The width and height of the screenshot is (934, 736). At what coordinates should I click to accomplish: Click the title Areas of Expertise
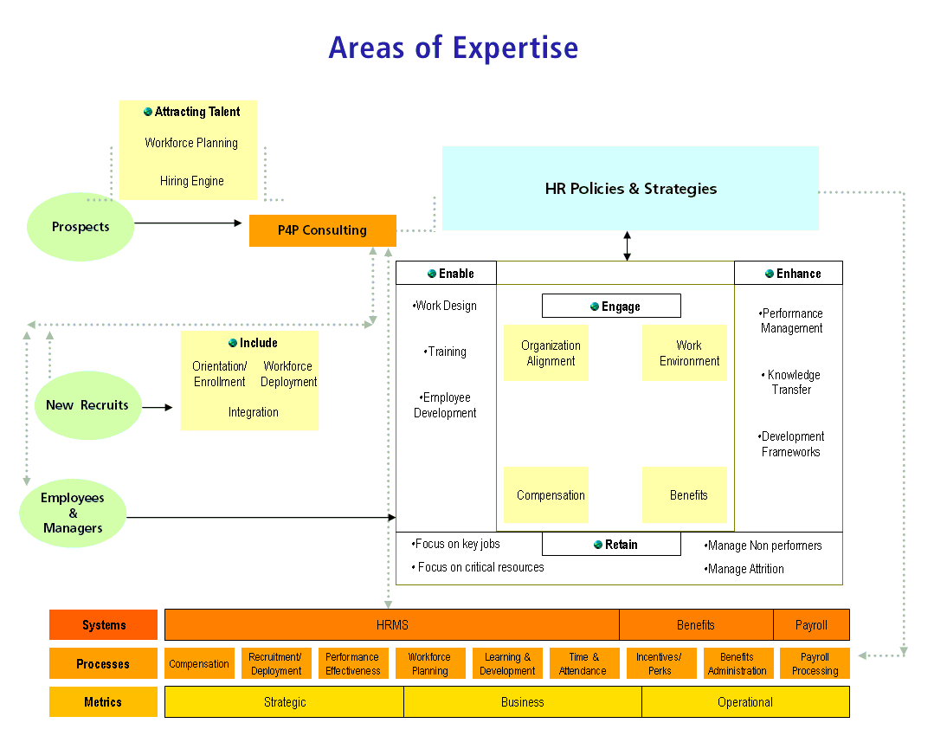click(453, 48)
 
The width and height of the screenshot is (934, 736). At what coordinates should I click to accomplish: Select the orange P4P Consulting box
click(322, 230)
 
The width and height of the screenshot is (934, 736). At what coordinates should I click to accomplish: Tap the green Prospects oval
click(81, 227)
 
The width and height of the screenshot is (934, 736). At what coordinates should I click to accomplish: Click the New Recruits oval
click(87, 405)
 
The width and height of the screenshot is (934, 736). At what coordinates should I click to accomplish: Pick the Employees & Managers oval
click(73, 513)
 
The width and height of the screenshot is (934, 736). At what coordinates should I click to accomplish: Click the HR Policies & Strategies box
click(630, 188)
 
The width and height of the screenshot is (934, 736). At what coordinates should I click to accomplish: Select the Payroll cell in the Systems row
click(811, 624)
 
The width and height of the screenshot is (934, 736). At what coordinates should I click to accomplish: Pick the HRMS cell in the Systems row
click(392, 624)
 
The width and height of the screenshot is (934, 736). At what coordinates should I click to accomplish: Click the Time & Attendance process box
click(583, 664)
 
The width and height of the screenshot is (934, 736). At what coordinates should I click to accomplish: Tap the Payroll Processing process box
click(815, 664)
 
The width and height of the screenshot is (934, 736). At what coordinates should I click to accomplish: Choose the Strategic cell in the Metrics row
click(284, 702)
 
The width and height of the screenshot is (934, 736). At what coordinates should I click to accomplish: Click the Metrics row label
click(103, 702)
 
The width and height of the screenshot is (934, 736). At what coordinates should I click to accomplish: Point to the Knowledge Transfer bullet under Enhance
click(791, 382)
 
